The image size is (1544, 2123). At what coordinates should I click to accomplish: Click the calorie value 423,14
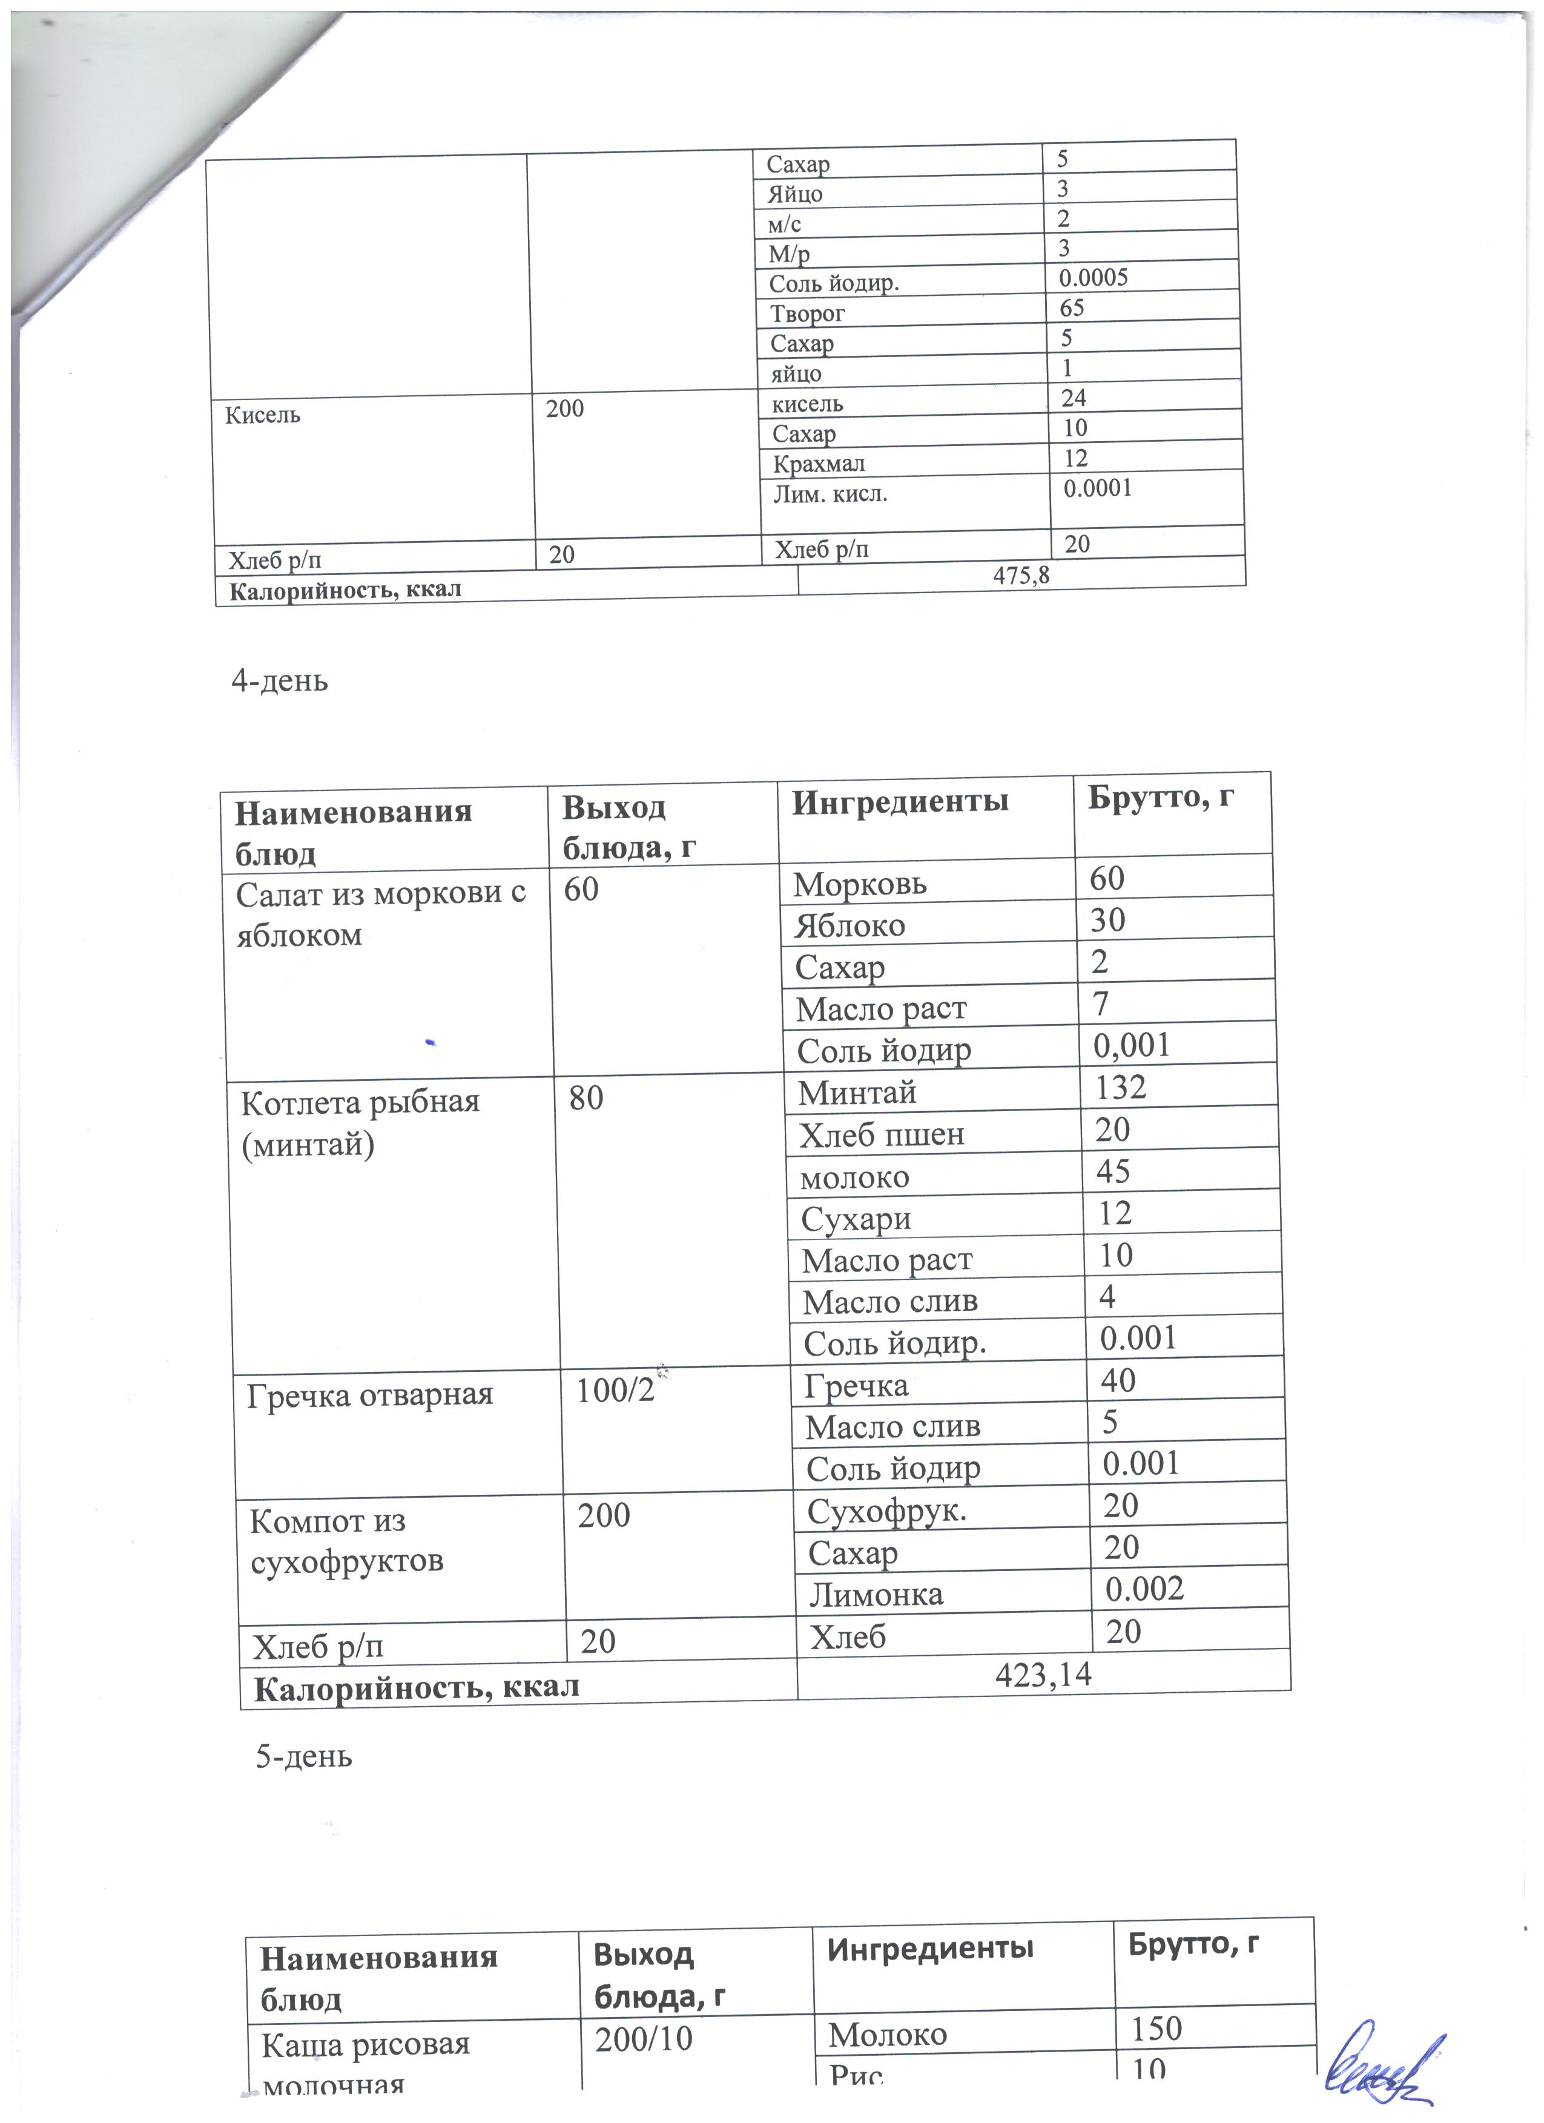(x=1043, y=1674)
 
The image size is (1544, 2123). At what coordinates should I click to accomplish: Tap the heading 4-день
(x=280, y=680)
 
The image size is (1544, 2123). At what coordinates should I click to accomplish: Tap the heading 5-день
(x=305, y=1756)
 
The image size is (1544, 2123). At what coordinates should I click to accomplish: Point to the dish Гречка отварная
(x=370, y=1395)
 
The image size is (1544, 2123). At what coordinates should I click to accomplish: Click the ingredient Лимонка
(x=876, y=1594)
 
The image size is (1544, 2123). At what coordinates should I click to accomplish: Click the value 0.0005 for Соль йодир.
(x=1093, y=277)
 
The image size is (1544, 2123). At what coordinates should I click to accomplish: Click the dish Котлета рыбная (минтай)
(x=360, y=1123)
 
